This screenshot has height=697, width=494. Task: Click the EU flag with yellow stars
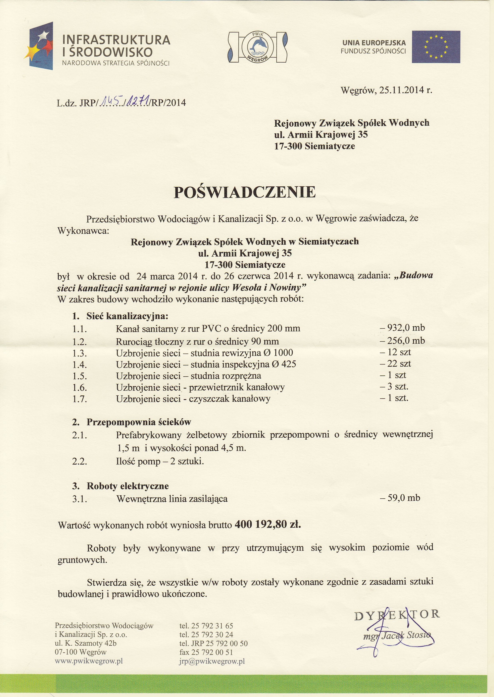(x=436, y=47)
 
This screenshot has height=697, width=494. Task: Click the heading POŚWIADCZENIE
(x=245, y=192)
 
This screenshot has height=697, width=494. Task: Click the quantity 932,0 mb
(x=402, y=328)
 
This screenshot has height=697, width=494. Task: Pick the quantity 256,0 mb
(x=402, y=340)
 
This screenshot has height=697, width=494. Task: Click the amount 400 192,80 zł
(x=268, y=524)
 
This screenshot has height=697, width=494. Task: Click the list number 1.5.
(x=80, y=376)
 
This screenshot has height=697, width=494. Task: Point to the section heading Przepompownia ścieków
(x=139, y=422)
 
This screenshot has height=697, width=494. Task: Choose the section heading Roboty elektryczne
(x=128, y=486)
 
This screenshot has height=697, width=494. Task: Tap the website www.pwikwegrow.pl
(x=89, y=661)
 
